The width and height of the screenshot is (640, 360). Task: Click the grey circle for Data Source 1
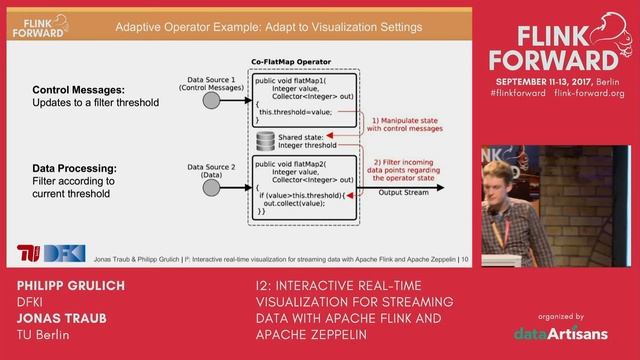pyautogui.click(x=211, y=102)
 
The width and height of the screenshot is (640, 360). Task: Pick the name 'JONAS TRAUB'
pyautogui.click(x=58, y=319)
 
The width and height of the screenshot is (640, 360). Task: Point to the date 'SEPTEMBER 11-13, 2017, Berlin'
pyautogui.click(x=557, y=79)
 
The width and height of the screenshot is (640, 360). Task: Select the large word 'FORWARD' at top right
pyautogui.click(x=556, y=54)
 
